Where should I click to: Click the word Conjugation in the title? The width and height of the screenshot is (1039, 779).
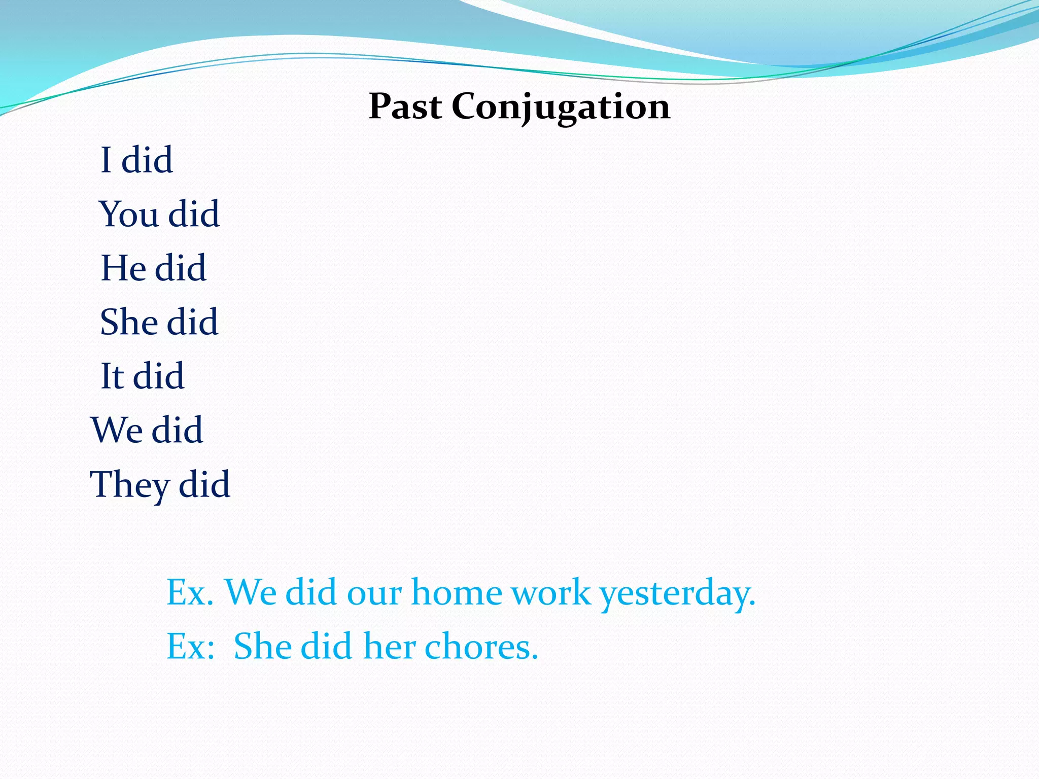coord(561,108)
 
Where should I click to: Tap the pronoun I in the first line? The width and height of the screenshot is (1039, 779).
coord(106,160)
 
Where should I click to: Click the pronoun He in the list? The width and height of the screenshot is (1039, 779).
coord(123,268)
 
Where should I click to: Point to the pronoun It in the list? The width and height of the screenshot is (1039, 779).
coord(112,376)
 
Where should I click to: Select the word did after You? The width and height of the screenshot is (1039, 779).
coord(194,214)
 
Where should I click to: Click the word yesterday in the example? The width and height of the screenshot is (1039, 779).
coord(677,593)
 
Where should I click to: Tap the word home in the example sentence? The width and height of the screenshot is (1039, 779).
coord(457,592)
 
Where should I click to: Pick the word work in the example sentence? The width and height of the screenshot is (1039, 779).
coord(550,592)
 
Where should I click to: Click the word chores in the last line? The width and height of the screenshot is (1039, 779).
coord(481,647)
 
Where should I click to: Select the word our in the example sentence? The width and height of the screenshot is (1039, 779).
coord(374,593)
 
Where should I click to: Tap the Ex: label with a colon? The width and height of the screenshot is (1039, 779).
coord(191,647)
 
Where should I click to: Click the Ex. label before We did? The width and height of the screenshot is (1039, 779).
coord(190,592)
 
